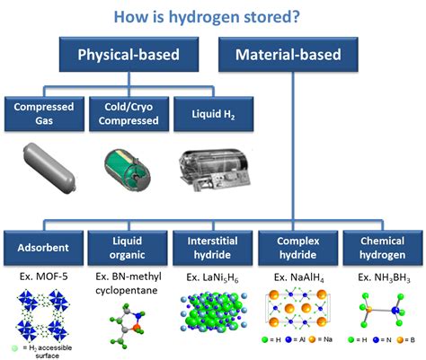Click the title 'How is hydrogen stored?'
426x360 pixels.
pos(213,15)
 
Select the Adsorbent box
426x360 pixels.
pos(43,243)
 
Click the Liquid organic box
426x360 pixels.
pos(127,243)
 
